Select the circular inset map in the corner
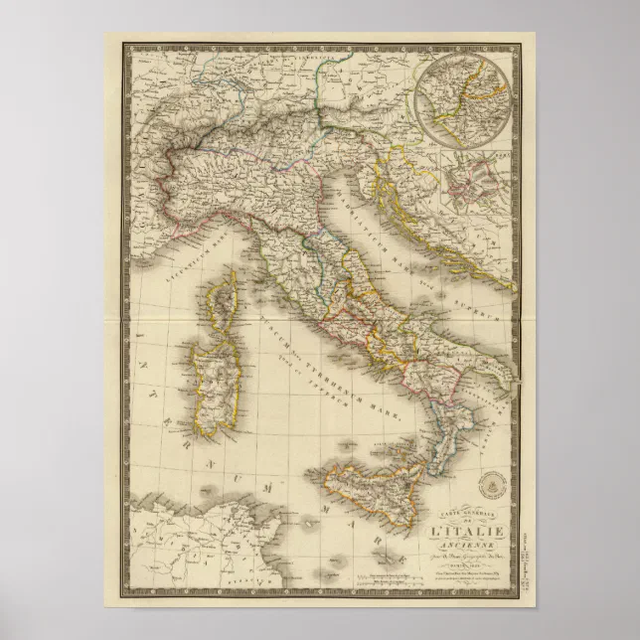(x=463, y=95)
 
